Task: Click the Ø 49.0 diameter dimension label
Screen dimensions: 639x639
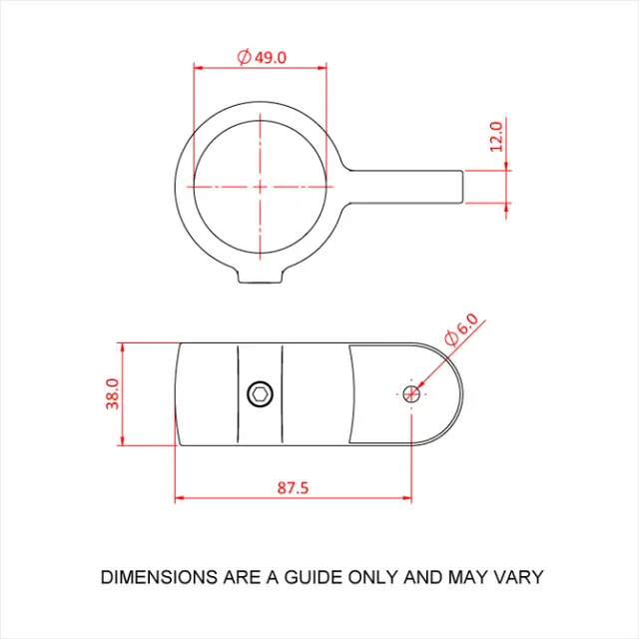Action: [263, 57]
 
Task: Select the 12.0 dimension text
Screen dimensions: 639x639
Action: [496, 136]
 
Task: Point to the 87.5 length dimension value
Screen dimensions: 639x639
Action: [292, 488]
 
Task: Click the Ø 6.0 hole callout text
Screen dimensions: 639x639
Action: [462, 330]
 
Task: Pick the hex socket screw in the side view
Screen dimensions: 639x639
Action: [260, 393]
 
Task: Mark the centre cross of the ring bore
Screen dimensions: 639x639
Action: [260, 187]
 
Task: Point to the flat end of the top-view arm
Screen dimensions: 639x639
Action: [464, 187]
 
